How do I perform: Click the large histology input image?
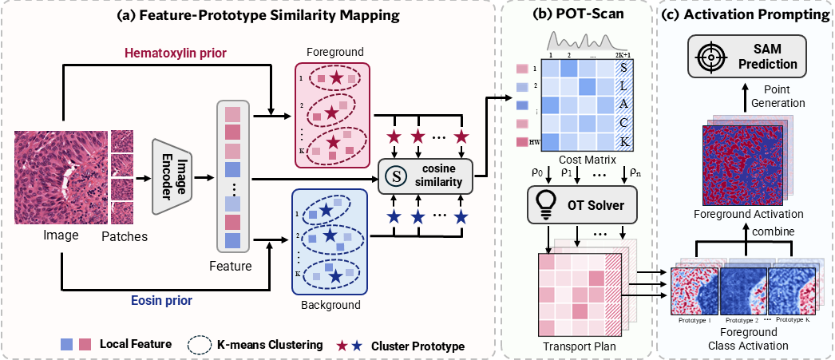pyautogui.click(x=61, y=180)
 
